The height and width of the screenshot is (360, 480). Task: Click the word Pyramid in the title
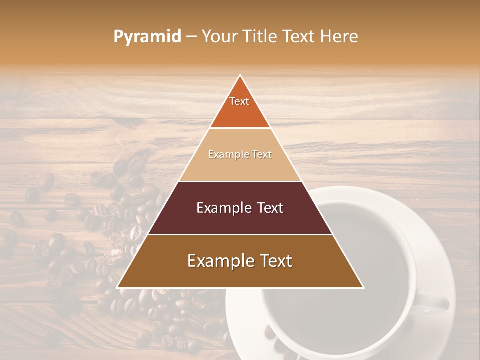[x=147, y=37]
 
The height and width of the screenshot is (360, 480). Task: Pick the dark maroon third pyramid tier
[x=240, y=220]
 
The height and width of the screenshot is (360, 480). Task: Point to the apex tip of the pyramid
[x=240, y=76]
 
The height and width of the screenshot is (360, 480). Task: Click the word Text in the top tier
[x=239, y=101]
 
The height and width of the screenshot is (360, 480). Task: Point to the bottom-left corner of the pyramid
[x=118, y=287]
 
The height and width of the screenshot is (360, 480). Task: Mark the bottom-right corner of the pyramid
[x=363, y=287]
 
